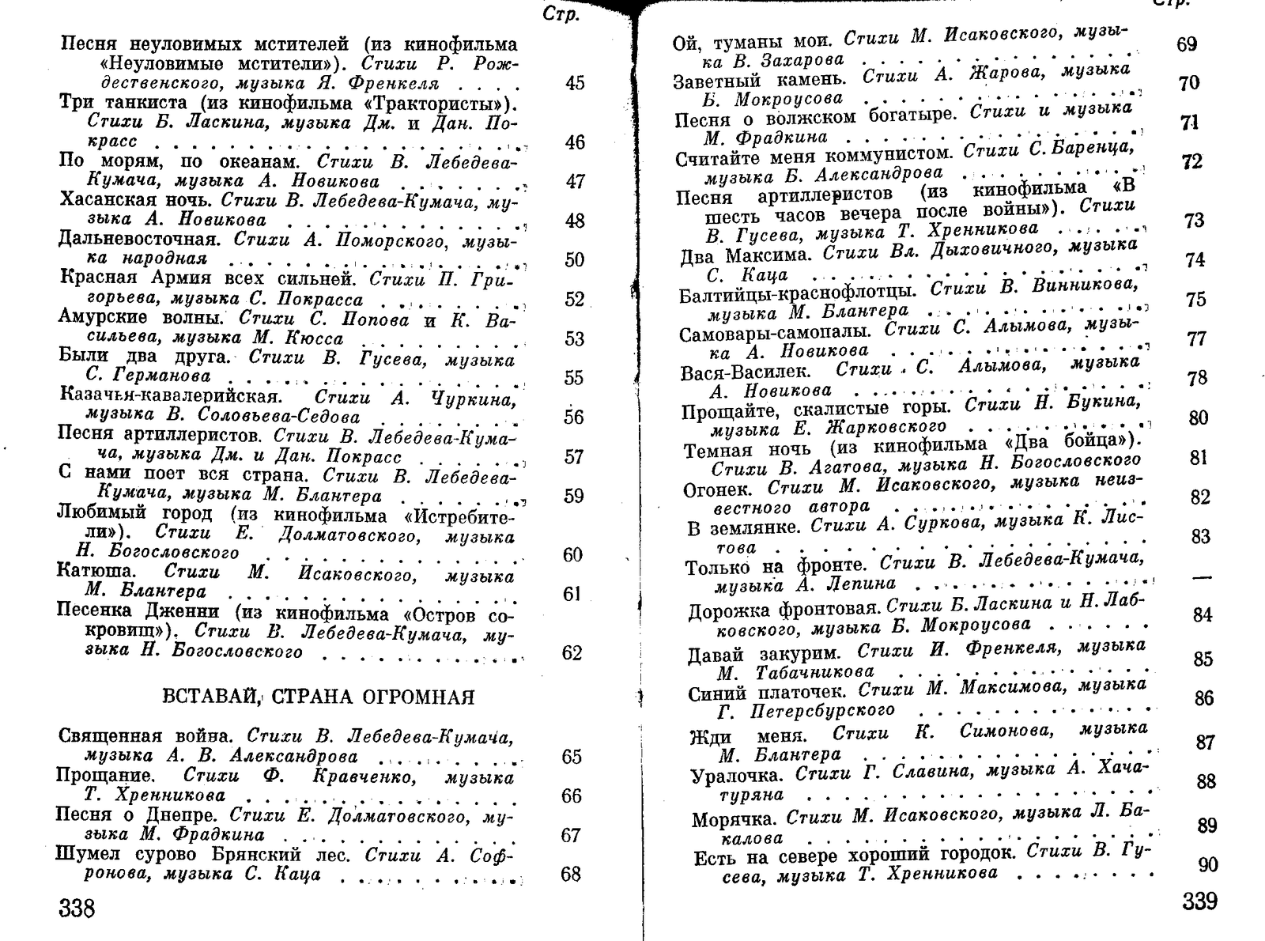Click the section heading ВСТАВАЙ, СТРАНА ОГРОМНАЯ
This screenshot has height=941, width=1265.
click(318, 697)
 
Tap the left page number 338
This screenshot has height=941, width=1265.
click(77, 908)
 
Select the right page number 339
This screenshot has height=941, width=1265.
click(1199, 901)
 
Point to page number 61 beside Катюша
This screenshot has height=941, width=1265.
click(572, 594)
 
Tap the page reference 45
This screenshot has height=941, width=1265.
click(575, 83)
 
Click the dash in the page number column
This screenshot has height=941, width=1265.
click(1201, 578)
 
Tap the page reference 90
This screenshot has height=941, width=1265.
click(1207, 865)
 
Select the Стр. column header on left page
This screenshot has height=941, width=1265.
click(561, 14)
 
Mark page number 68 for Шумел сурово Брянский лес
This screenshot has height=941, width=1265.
click(570, 874)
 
